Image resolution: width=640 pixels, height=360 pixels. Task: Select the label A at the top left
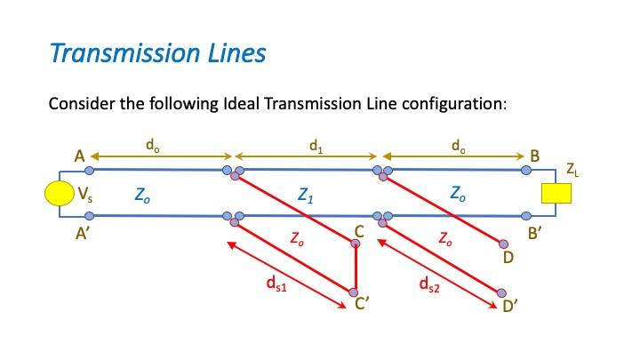click(79, 157)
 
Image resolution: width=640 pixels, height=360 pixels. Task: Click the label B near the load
click(534, 157)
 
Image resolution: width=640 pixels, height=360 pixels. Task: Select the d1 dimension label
click(316, 142)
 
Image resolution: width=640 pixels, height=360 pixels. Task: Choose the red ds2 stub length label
click(428, 284)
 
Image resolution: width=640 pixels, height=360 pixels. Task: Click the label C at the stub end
click(358, 233)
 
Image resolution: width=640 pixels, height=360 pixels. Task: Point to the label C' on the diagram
click(362, 305)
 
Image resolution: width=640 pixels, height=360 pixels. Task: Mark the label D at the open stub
click(508, 258)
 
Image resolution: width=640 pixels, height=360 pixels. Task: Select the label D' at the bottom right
click(510, 308)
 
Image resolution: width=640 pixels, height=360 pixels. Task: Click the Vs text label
click(87, 195)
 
